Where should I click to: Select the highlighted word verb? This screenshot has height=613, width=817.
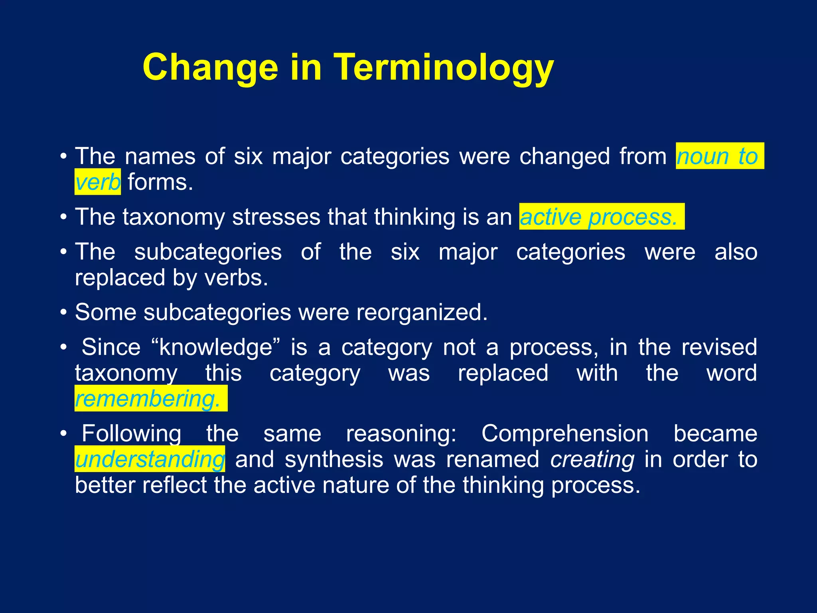point(98,182)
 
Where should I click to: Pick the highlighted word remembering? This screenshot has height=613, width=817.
point(148,399)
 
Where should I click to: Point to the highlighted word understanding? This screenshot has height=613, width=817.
point(150,459)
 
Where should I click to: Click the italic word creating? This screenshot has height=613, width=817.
point(592,459)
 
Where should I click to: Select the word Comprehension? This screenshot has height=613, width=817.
point(565,433)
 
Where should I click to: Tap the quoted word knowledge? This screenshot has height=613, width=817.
point(216,347)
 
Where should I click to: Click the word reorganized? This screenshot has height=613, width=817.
point(422,312)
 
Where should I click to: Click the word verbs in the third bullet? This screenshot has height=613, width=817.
point(236,278)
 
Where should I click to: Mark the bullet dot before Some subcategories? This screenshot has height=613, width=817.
point(63,312)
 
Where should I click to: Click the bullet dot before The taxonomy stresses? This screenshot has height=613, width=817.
point(63,217)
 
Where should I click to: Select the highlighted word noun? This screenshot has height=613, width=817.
point(703,156)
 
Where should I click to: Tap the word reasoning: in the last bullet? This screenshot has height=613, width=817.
point(401,433)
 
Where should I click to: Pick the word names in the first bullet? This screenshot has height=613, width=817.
point(160,156)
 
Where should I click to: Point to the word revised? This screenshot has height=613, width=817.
point(719,347)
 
